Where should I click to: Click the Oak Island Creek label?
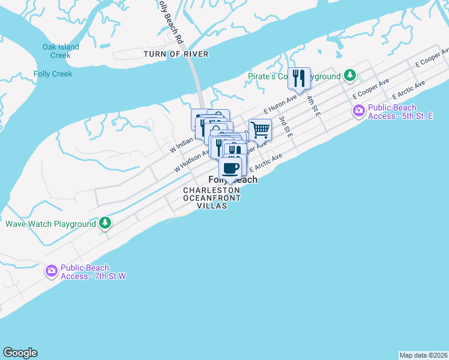coord(56,51)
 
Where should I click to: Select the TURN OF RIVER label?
coord(176,54)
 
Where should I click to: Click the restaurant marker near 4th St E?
coord(299,79)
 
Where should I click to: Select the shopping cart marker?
coord(260,130)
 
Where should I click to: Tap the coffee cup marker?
coord(231,167)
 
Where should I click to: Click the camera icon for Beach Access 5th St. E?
coord(359,111)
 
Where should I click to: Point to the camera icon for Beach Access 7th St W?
coord(52,271)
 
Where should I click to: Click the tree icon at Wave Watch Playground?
coord(105,224)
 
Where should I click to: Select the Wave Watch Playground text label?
coord(50,224)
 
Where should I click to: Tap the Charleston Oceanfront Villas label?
coord(212,198)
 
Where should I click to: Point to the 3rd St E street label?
coord(285,127)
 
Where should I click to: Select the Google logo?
coord(20,353)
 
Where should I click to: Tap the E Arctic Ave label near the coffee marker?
coord(265,163)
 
